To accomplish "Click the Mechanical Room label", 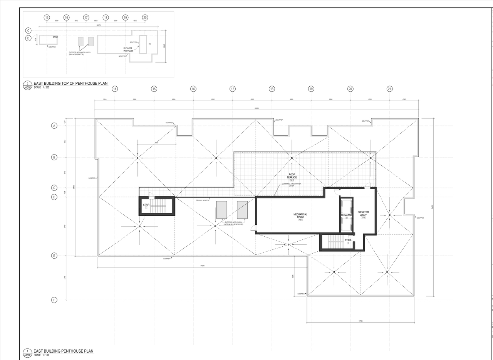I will tap(300, 215).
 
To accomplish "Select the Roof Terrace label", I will tap(292, 176).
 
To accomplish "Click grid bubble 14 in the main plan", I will tap(115, 89).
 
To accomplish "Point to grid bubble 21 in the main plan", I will tap(390, 89).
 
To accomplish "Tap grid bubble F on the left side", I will tap(54, 300).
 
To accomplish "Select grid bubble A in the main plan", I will tap(54, 126).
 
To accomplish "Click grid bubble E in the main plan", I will tap(54, 256).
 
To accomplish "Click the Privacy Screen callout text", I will tap(202, 200).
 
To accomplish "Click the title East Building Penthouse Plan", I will tap(63, 351).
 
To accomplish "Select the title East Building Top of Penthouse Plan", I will tap(70, 83).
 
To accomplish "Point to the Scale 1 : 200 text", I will tap(42, 87).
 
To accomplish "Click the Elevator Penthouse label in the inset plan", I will tap(128, 50).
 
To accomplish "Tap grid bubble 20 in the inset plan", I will tap(145, 17).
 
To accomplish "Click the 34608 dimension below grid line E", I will tap(202, 266).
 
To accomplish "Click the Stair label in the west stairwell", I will tap(146, 205).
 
